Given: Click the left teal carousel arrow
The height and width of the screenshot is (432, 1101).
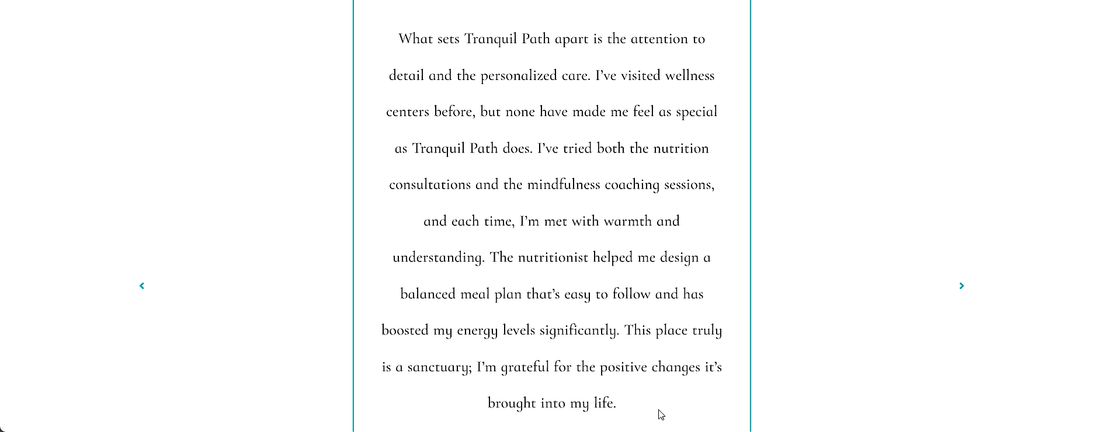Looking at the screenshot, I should pos(142,285).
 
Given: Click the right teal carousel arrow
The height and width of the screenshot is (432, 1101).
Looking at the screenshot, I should pos(961,285).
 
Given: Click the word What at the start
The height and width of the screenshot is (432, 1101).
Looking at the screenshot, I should pos(415,39).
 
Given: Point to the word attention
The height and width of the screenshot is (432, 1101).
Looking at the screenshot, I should pos(659,39).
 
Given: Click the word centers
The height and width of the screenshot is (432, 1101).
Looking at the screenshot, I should pos(408,112).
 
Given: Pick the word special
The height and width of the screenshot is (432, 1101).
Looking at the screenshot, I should pos(696,112).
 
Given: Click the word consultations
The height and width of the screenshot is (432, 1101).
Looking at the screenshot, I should pos(430,185).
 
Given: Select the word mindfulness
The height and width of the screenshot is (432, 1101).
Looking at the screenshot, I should pos(564,185).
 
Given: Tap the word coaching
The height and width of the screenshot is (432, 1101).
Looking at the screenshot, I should pos(632,185).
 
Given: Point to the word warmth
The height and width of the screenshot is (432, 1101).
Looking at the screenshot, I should pos(628,221).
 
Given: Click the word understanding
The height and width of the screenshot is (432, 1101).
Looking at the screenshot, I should pos(438,258).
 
